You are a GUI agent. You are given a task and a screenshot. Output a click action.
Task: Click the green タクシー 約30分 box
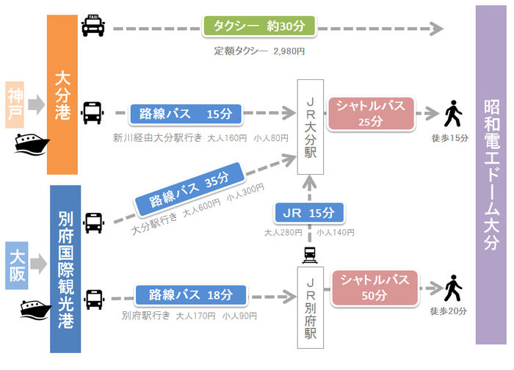(x=258, y=27)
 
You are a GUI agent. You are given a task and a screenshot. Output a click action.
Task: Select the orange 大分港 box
(x=63, y=94)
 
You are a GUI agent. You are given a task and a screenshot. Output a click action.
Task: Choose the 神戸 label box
(x=16, y=104)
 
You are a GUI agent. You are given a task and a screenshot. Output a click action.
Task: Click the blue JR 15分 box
(x=308, y=213)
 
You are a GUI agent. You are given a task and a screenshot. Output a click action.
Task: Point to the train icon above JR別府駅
(x=309, y=254)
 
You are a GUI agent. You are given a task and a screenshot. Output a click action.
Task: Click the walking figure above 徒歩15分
(x=453, y=115)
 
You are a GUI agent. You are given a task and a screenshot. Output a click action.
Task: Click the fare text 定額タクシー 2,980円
(x=259, y=51)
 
